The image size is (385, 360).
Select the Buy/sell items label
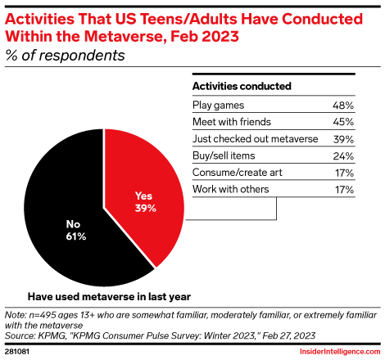[x=222, y=155]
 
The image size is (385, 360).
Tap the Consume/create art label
[x=232, y=173]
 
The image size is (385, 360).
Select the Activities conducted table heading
[x=242, y=85]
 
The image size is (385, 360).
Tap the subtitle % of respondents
[x=66, y=56]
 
